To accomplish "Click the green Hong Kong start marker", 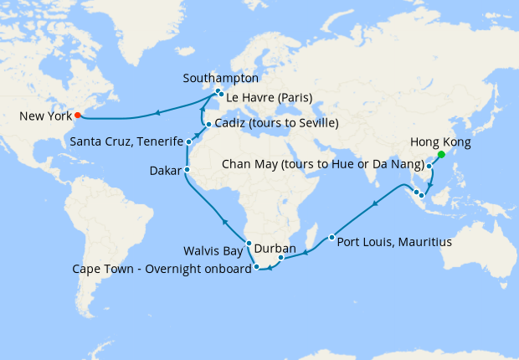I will pyautogui.click(x=441, y=154).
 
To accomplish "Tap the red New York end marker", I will pyautogui.click(x=77, y=115).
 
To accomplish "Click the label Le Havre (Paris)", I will pyautogui.click(x=267, y=99).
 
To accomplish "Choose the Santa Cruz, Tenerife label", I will pyautogui.click(x=126, y=141).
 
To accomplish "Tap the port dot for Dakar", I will pyautogui.click(x=187, y=170).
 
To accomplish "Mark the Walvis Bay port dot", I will pyautogui.click(x=249, y=243).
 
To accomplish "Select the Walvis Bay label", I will pyautogui.click(x=213, y=250).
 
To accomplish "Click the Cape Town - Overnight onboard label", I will pyautogui.click(x=172, y=268).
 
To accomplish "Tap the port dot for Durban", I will pyautogui.click(x=281, y=258).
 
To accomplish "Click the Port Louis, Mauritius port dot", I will pyautogui.click(x=332, y=238).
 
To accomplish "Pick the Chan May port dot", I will pyautogui.click(x=430, y=167).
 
